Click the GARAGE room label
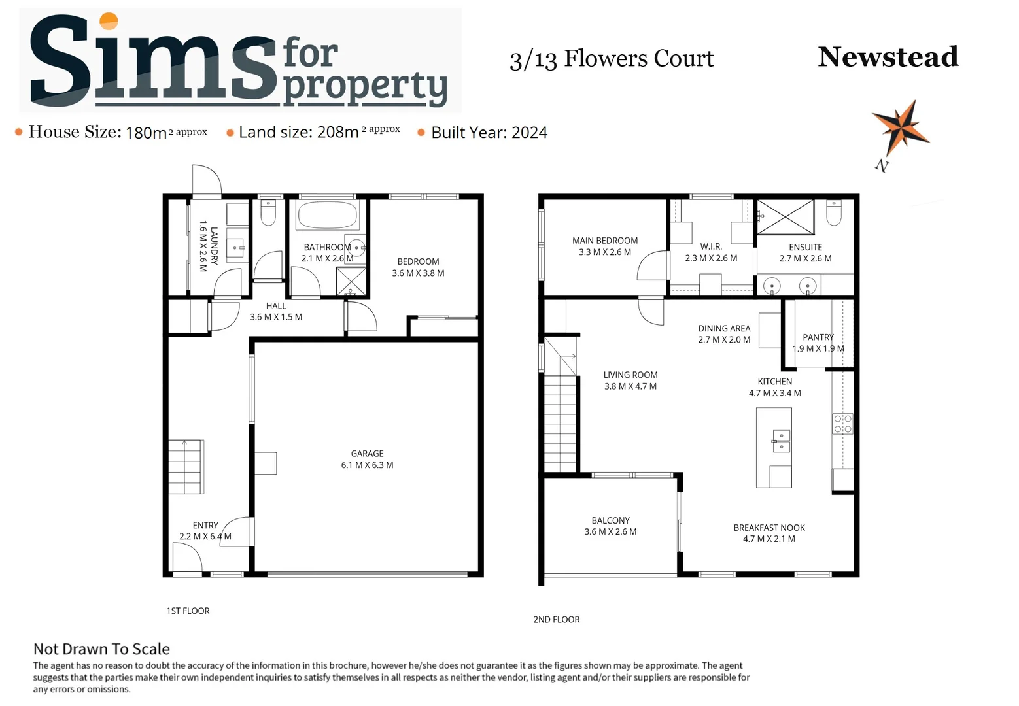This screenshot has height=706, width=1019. [x=367, y=454]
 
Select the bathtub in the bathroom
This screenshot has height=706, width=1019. [x=327, y=214]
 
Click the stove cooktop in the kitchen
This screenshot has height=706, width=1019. [x=842, y=424]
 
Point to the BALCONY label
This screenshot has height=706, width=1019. [x=610, y=521]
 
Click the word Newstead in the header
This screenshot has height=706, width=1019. [x=888, y=57]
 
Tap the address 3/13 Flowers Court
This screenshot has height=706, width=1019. [x=612, y=59]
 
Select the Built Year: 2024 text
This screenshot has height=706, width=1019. [x=489, y=133]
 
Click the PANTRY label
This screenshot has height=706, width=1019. [x=818, y=337]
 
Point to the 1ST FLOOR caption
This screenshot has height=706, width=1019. [x=188, y=611]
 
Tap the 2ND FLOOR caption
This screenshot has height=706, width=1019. [x=557, y=620]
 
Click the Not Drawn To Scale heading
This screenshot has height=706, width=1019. [x=101, y=649]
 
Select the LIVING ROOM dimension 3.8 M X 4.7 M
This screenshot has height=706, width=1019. [x=630, y=386]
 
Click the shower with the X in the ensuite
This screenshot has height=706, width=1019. [x=786, y=217]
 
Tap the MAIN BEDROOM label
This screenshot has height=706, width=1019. [x=605, y=241]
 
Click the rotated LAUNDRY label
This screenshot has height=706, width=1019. [x=214, y=246]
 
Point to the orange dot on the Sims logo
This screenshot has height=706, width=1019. [x=109, y=22]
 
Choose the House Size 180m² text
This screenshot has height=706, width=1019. [x=118, y=132]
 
